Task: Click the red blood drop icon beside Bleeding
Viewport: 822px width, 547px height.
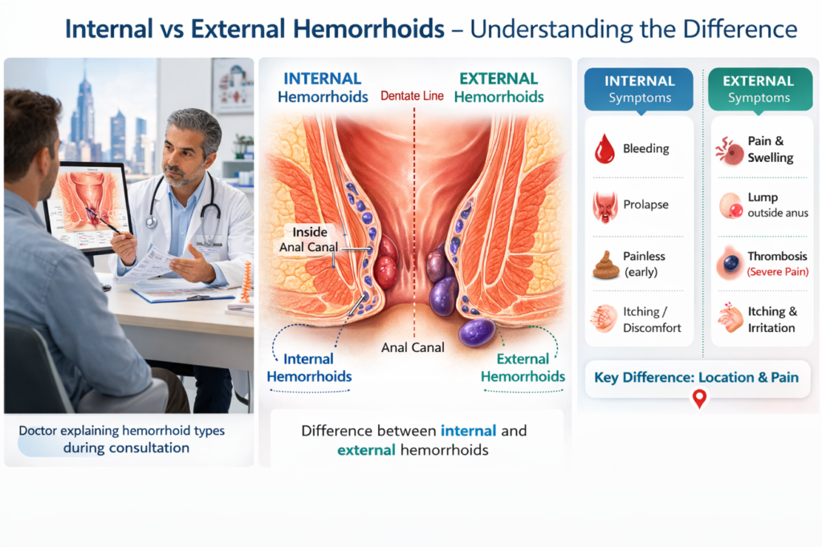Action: coord(604,148)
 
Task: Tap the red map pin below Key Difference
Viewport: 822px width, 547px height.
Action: coord(699,399)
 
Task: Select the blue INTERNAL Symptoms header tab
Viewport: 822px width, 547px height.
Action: coord(638,89)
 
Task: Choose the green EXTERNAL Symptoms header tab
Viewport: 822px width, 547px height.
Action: coord(758,89)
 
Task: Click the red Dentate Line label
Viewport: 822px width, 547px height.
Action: coord(412,96)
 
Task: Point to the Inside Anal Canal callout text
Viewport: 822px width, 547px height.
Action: coord(309,239)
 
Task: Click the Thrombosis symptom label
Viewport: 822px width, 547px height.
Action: coord(777,257)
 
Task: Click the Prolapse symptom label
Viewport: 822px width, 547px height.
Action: coord(645,205)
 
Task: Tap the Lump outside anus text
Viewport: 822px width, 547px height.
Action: coord(776,205)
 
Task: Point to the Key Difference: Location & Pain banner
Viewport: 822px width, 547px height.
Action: coord(696,377)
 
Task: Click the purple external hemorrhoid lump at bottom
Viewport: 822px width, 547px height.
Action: coord(477,331)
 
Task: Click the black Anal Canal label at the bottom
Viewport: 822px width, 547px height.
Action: coord(413,348)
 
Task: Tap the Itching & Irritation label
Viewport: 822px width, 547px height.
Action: coord(771,319)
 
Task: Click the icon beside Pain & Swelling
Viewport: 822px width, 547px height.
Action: coord(730,150)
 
